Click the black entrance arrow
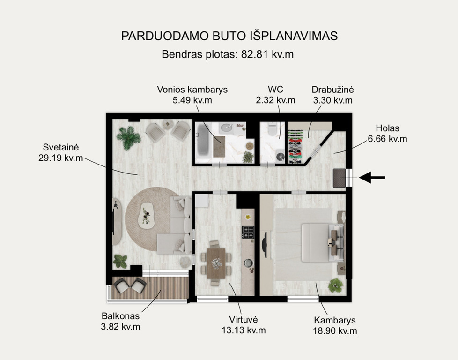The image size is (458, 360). [x=372, y=178]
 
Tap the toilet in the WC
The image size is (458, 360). [x=272, y=129]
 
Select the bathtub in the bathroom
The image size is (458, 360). [x=203, y=140]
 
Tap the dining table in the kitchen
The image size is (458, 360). [x=216, y=263]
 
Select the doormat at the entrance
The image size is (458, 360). [x=339, y=178]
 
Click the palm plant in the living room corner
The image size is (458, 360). [x=128, y=137]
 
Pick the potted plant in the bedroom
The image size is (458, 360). [x=335, y=285]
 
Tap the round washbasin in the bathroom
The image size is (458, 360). [x=226, y=127]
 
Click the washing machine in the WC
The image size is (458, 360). [x=281, y=157]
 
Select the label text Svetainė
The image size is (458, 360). [x=61, y=147]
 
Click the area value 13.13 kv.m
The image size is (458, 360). [x=244, y=330]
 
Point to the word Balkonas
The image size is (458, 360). [x=120, y=316]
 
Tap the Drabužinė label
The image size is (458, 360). [x=332, y=89]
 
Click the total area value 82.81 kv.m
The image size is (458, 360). [x=267, y=54]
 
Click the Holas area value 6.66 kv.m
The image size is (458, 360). [x=387, y=139]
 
